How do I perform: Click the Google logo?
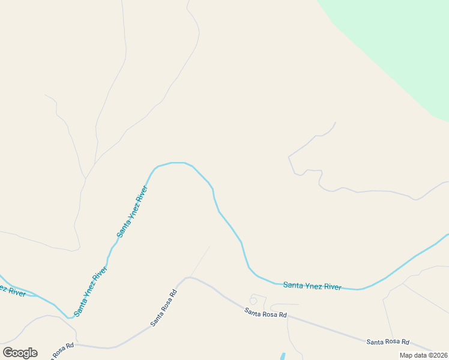[20, 353]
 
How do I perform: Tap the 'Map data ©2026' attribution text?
[424, 355]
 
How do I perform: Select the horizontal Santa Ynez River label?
[312, 286]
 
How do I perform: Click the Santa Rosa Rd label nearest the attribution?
[388, 341]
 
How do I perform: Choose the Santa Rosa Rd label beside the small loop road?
[265, 312]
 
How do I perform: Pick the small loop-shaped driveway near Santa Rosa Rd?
[254, 301]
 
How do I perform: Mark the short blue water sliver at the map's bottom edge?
[283, 356]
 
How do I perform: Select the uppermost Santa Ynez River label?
[133, 211]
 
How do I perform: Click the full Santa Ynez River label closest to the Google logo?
[91, 292]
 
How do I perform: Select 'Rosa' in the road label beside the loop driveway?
[267, 313]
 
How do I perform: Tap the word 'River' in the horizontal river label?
[333, 287]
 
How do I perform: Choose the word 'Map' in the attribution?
[406, 355]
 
